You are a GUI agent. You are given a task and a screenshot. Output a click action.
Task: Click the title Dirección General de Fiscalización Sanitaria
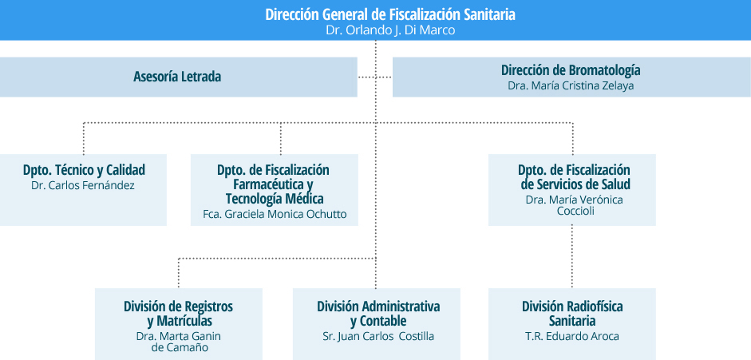click(x=390, y=14)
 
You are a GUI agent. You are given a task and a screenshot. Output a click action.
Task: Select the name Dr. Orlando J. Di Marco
click(x=390, y=30)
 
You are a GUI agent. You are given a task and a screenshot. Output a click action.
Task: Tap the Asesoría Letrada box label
click(x=177, y=77)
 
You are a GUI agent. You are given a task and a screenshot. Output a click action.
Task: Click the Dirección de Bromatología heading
click(x=571, y=70)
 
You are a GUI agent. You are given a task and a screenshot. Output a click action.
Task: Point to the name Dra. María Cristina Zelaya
click(x=571, y=85)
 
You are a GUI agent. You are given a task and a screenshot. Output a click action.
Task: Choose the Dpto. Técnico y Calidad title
click(x=84, y=170)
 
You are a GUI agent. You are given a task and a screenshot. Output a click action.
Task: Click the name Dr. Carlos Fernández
click(x=83, y=186)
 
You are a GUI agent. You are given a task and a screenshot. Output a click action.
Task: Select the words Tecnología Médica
click(x=275, y=198)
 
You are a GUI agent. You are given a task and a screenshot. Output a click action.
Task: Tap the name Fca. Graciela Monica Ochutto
click(x=275, y=214)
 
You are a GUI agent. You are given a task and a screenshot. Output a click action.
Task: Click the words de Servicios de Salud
click(x=575, y=184)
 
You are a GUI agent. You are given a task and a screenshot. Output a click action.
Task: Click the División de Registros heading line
click(x=178, y=306)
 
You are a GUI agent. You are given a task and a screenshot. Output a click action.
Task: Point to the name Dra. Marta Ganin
click(x=178, y=336)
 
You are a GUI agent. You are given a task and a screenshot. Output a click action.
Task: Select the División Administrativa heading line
click(x=378, y=306)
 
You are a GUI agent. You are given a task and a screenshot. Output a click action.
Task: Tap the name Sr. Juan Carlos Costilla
click(x=378, y=336)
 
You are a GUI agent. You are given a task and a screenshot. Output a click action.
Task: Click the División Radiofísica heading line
click(x=572, y=306)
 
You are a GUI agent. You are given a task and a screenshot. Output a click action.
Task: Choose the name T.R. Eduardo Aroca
click(x=572, y=336)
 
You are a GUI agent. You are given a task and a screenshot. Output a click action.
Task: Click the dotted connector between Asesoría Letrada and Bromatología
click(x=375, y=77)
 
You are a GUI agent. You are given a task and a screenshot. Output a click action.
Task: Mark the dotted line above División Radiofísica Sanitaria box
click(x=572, y=256)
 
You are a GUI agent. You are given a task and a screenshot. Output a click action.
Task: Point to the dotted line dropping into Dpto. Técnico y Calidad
click(x=83, y=138)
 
